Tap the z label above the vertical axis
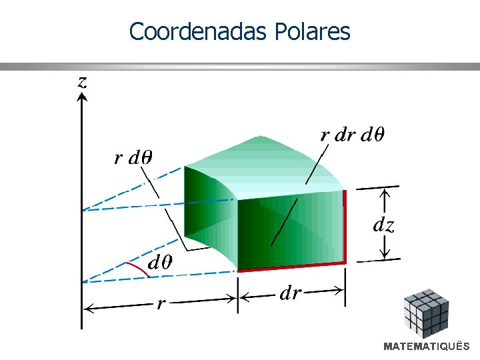(82, 81)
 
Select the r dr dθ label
(352, 135)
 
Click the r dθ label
(133, 158)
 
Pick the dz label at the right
(383, 225)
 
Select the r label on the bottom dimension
(160, 305)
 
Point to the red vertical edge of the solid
(345, 227)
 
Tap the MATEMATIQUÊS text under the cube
(426, 347)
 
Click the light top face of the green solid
(267, 167)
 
